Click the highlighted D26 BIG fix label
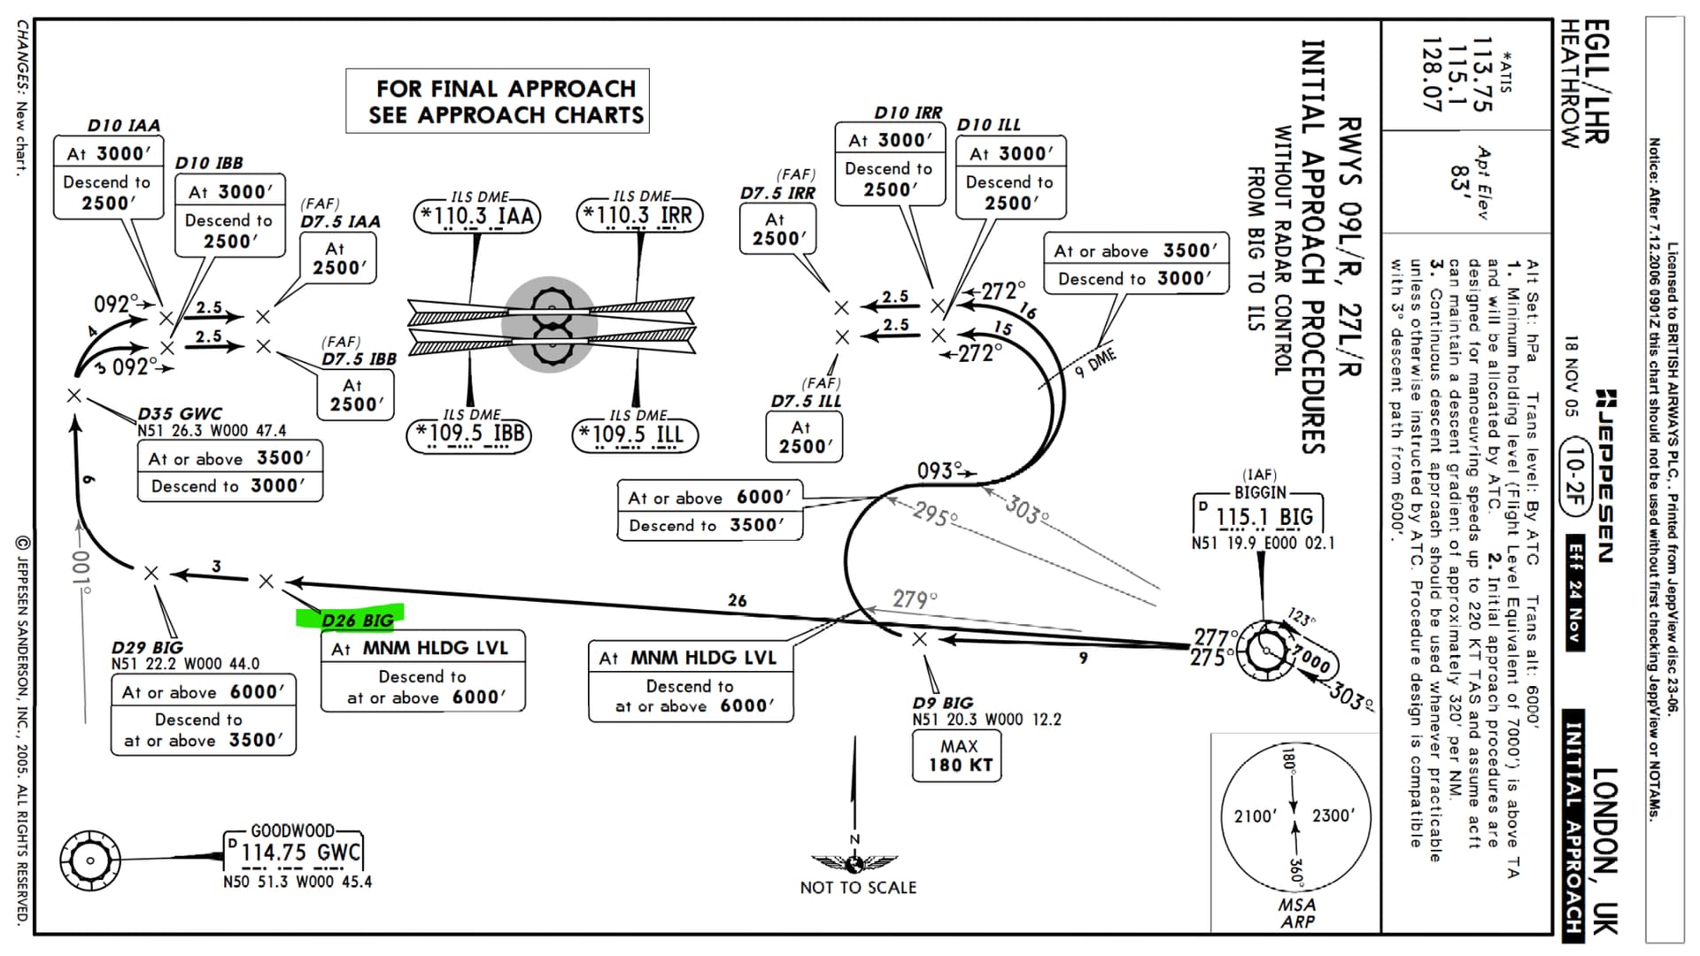(357, 620)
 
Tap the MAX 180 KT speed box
(958, 756)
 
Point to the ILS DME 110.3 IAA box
(478, 215)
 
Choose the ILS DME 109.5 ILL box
(635, 434)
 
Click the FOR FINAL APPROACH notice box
(498, 101)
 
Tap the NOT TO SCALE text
(858, 887)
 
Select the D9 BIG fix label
(942, 703)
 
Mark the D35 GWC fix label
(180, 413)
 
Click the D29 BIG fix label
(147, 647)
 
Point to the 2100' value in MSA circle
(1256, 815)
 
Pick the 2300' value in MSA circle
(1333, 815)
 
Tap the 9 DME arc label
(1095, 364)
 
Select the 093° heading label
(939, 471)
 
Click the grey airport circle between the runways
(550, 324)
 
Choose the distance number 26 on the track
(738, 600)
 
